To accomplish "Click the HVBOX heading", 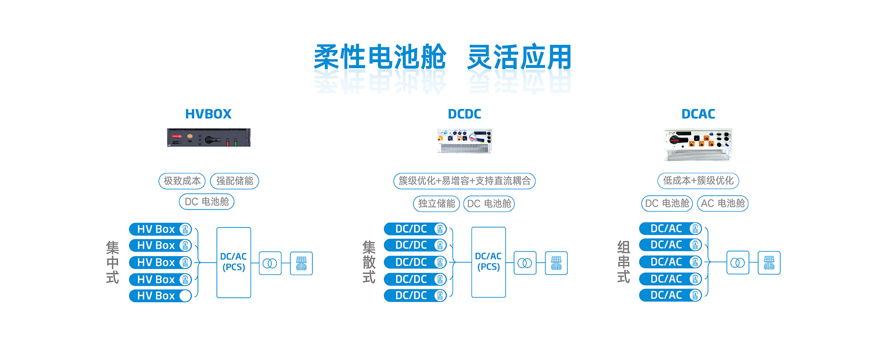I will [208, 114].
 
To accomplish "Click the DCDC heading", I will [464, 114].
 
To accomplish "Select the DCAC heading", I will [698, 114].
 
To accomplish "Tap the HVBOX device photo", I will [209, 138].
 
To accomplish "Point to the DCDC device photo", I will [464, 141].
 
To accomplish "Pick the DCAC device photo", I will [698, 144].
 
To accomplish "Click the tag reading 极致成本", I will [182, 181].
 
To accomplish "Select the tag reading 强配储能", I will [234, 181].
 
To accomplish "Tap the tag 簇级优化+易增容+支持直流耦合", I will [464, 181].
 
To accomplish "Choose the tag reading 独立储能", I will [437, 204].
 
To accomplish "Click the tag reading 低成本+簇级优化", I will [698, 180].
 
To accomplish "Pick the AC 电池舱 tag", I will [723, 204].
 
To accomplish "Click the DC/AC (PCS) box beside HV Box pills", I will [233, 262].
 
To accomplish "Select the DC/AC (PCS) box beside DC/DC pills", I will [488, 262].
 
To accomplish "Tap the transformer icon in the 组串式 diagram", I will [737, 263].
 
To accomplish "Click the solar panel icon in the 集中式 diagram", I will [301, 263].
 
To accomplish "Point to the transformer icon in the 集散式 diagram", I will [525, 263].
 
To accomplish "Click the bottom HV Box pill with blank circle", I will [160, 296].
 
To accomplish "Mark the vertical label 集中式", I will [113, 262].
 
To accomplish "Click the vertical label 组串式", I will [623, 262].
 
